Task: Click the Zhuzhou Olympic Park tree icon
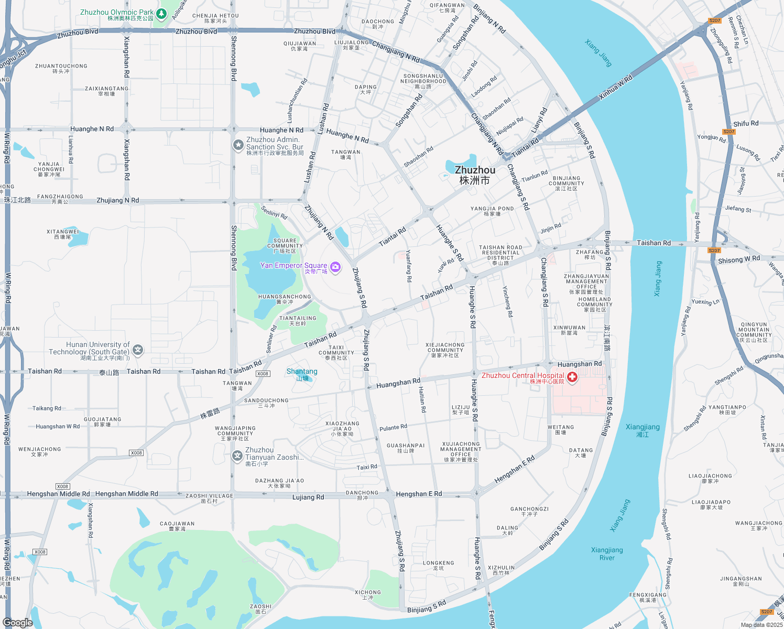[162, 14]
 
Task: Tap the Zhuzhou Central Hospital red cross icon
[572, 377]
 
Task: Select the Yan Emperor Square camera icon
[335, 267]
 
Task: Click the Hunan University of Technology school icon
[138, 350]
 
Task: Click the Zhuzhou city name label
[475, 175]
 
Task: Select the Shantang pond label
[302, 374]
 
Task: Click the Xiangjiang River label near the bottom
[607, 554]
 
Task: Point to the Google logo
[18, 622]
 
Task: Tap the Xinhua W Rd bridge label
[615, 87]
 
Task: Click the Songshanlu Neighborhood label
[423, 81]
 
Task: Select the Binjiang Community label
[567, 183]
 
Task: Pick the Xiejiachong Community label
[445, 350]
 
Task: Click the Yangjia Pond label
[492, 211]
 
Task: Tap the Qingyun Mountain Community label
[754, 332]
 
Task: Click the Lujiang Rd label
[308, 497]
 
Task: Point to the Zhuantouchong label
[61, 69]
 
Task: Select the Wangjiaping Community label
[235, 433]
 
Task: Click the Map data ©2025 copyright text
[761, 625]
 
